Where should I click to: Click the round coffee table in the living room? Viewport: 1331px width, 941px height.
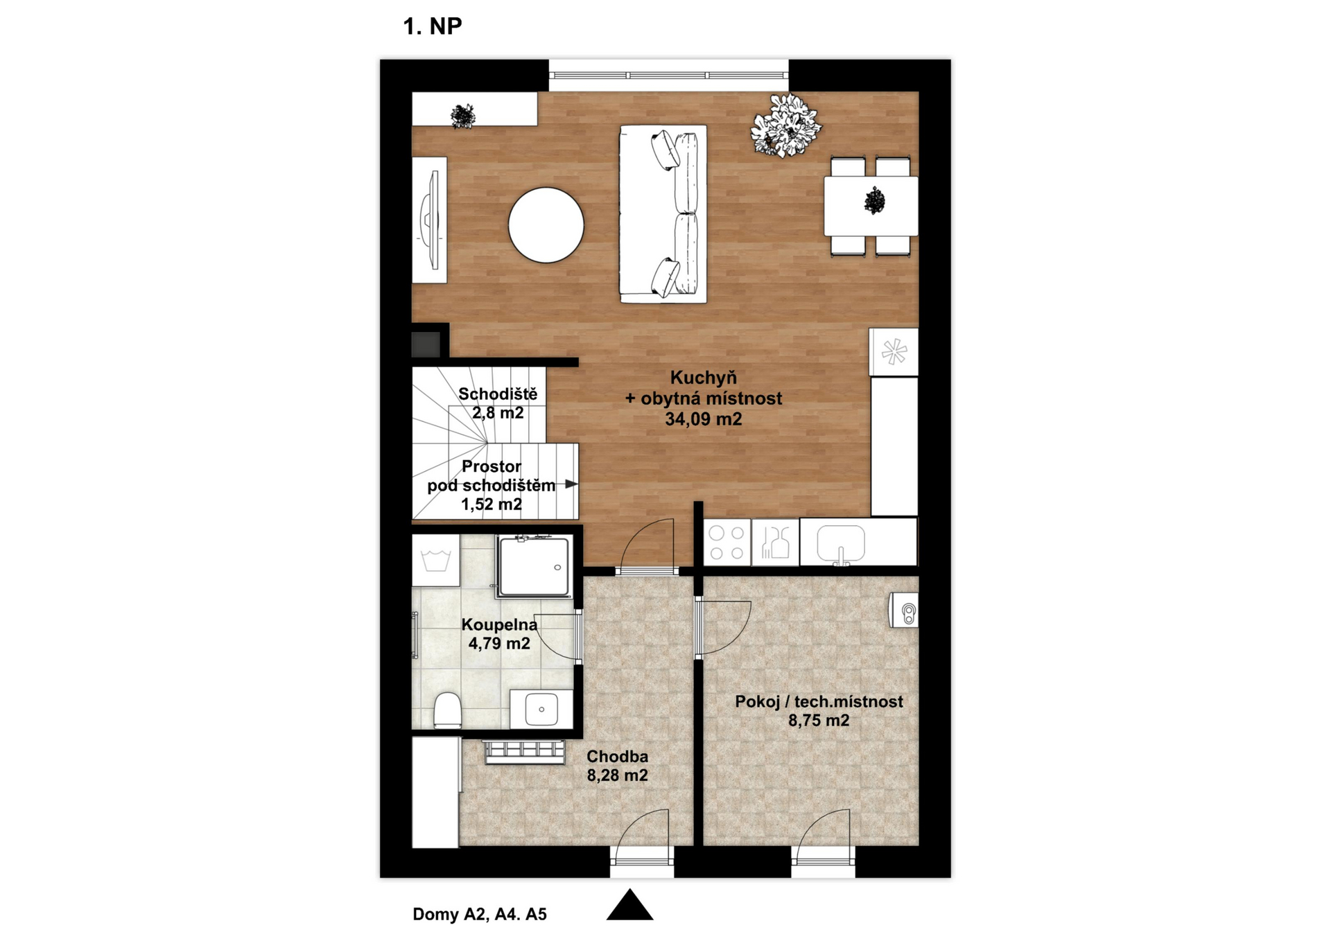click(546, 225)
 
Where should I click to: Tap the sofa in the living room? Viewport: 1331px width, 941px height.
click(663, 214)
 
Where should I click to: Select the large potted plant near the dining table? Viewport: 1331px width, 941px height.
click(786, 125)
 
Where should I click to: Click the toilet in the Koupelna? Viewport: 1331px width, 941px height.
click(448, 711)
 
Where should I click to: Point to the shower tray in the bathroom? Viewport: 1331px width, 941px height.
click(534, 566)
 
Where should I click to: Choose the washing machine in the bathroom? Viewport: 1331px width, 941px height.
click(436, 560)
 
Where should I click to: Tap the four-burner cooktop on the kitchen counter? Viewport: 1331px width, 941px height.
click(727, 543)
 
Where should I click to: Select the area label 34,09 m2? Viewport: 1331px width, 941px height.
click(704, 419)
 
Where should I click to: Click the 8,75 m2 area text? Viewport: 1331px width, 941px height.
click(819, 721)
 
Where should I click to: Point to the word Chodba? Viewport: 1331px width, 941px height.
click(618, 757)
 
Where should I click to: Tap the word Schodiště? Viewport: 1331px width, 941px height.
click(498, 394)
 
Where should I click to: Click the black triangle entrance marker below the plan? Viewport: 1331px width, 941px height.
click(630, 905)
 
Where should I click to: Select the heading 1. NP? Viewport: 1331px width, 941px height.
click(433, 26)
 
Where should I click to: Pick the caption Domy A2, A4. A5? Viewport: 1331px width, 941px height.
click(480, 915)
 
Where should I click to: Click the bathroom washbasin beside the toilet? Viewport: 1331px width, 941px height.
click(541, 710)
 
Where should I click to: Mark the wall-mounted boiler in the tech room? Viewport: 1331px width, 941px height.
click(904, 610)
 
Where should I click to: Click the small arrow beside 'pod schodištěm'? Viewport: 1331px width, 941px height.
click(571, 484)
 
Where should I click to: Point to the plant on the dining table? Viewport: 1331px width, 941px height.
click(875, 201)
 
